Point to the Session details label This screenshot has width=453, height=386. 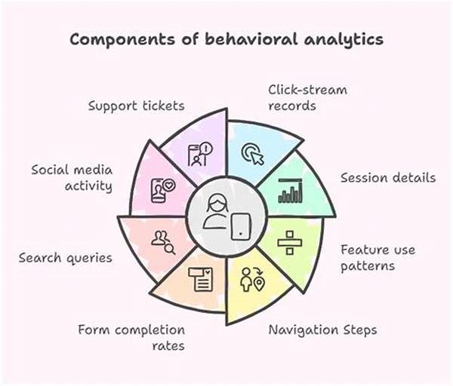click(387, 178)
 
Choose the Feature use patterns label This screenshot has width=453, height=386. click(377, 257)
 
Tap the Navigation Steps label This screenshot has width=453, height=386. click(323, 329)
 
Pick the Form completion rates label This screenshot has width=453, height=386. click(131, 337)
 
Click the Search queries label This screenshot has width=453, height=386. click(65, 258)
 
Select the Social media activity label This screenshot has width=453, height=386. click(71, 177)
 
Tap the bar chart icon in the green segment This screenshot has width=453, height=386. click(290, 191)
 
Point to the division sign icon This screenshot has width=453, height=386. click(288, 241)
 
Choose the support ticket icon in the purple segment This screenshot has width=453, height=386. click(200, 154)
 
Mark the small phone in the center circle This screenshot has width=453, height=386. click(240, 225)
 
